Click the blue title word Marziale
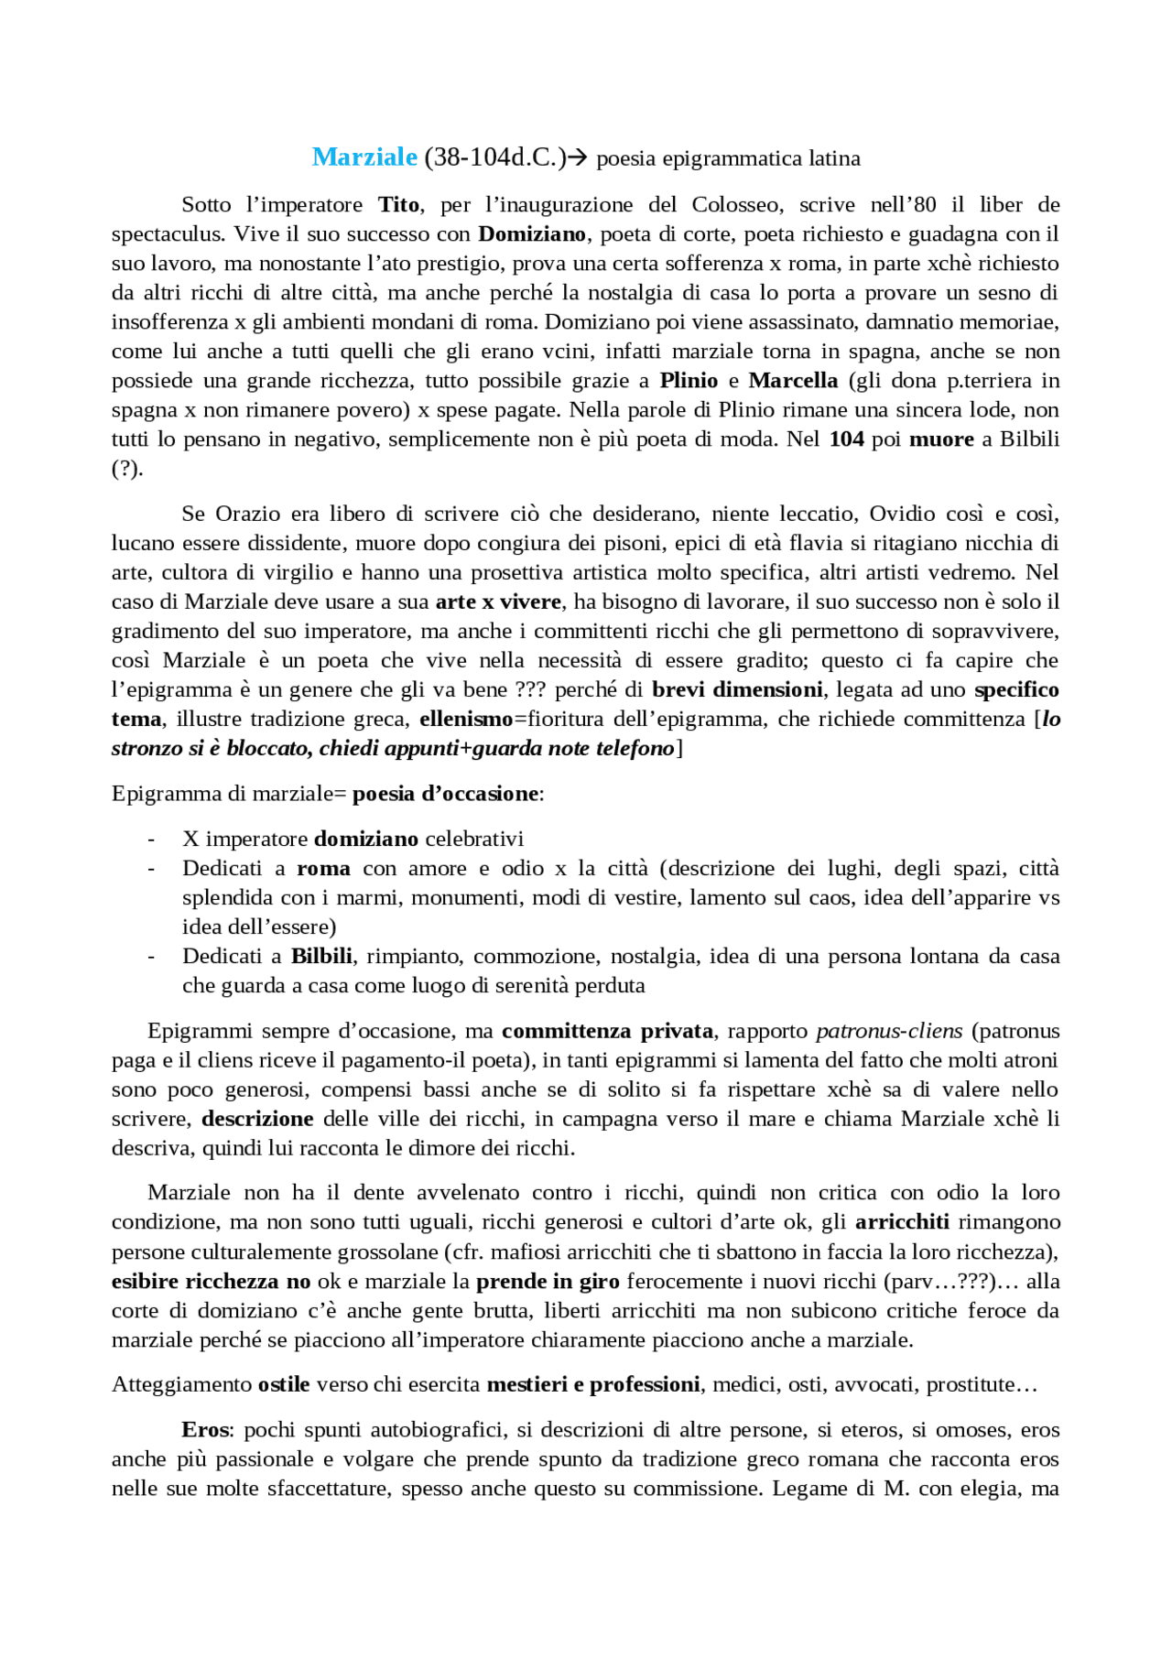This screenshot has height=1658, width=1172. click(364, 157)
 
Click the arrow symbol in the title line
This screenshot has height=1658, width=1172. click(578, 158)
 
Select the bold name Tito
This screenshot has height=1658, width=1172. click(399, 204)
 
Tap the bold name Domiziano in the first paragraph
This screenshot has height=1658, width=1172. click(532, 233)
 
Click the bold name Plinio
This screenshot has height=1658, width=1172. click(689, 380)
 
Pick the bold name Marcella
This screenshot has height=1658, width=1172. click(793, 380)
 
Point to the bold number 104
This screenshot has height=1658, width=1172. click(846, 439)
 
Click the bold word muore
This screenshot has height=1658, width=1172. click(941, 439)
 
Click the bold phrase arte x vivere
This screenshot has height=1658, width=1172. click(498, 601)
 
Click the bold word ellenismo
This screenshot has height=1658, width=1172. click(466, 719)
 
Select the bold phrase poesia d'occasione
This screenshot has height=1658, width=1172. click(445, 793)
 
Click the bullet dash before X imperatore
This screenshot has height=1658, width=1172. click(151, 839)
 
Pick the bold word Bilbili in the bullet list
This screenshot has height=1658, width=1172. click(321, 956)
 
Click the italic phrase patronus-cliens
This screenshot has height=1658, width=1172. click(889, 1031)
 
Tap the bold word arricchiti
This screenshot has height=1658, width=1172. click(902, 1221)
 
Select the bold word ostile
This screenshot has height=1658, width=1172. click(284, 1384)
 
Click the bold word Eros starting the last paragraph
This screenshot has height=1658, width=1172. click(207, 1429)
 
